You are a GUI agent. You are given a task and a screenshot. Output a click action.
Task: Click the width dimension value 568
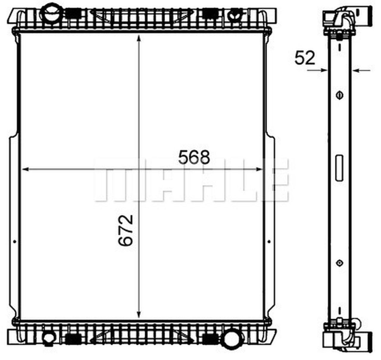[194, 157]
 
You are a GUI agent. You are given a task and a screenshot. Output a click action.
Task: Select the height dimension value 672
[125, 230]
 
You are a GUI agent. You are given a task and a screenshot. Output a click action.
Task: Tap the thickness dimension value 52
[305, 58]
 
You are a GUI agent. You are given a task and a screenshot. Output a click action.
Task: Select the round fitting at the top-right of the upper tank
[235, 15]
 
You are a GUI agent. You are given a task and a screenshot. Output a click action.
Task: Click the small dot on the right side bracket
[269, 241]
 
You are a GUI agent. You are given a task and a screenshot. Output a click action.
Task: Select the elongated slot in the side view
[339, 168]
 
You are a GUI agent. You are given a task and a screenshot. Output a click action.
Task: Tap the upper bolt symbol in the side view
[339, 95]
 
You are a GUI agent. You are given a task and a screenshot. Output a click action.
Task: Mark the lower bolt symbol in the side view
[339, 263]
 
